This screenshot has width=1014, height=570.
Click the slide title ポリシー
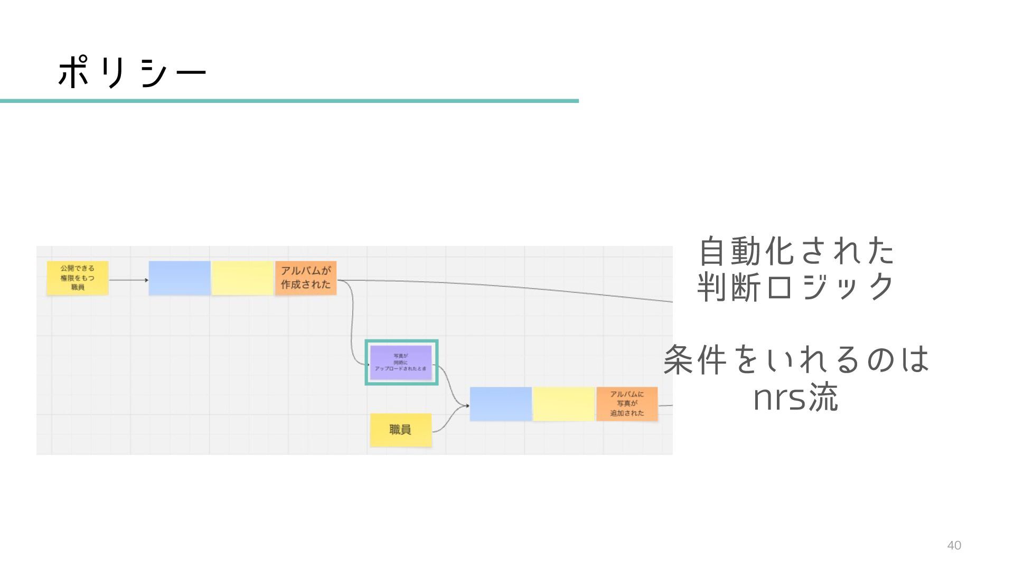(x=132, y=72)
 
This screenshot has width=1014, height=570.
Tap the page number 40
(x=954, y=546)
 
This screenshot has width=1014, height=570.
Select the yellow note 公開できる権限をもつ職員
(x=77, y=278)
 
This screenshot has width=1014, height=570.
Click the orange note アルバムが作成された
(x=306, y=278)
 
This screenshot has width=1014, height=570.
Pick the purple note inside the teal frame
(x=401, y=362)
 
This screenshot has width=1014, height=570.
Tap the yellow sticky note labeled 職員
(x=400, y=430)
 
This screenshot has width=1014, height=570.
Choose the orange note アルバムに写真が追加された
(x=627, y=404)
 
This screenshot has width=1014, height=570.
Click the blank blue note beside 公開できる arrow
(x=180, y=278)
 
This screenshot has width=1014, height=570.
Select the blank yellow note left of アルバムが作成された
(x=242, y=278)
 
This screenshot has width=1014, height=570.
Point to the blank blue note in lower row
(x=501, y=404)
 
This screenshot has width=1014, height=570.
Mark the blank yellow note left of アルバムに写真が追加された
(x=564, y=404)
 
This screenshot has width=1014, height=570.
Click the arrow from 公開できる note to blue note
(x=128, y=280)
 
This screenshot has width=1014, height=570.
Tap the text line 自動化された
(x=796, y=251)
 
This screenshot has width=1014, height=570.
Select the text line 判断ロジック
(x=796, y=288)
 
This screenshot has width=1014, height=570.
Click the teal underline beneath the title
(x=289, y=101)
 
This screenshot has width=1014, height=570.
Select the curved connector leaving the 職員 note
(x=449, y=420)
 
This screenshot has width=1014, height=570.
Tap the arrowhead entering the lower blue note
(x=467, y=405)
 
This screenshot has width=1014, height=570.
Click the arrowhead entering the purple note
(x=368, y=364)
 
